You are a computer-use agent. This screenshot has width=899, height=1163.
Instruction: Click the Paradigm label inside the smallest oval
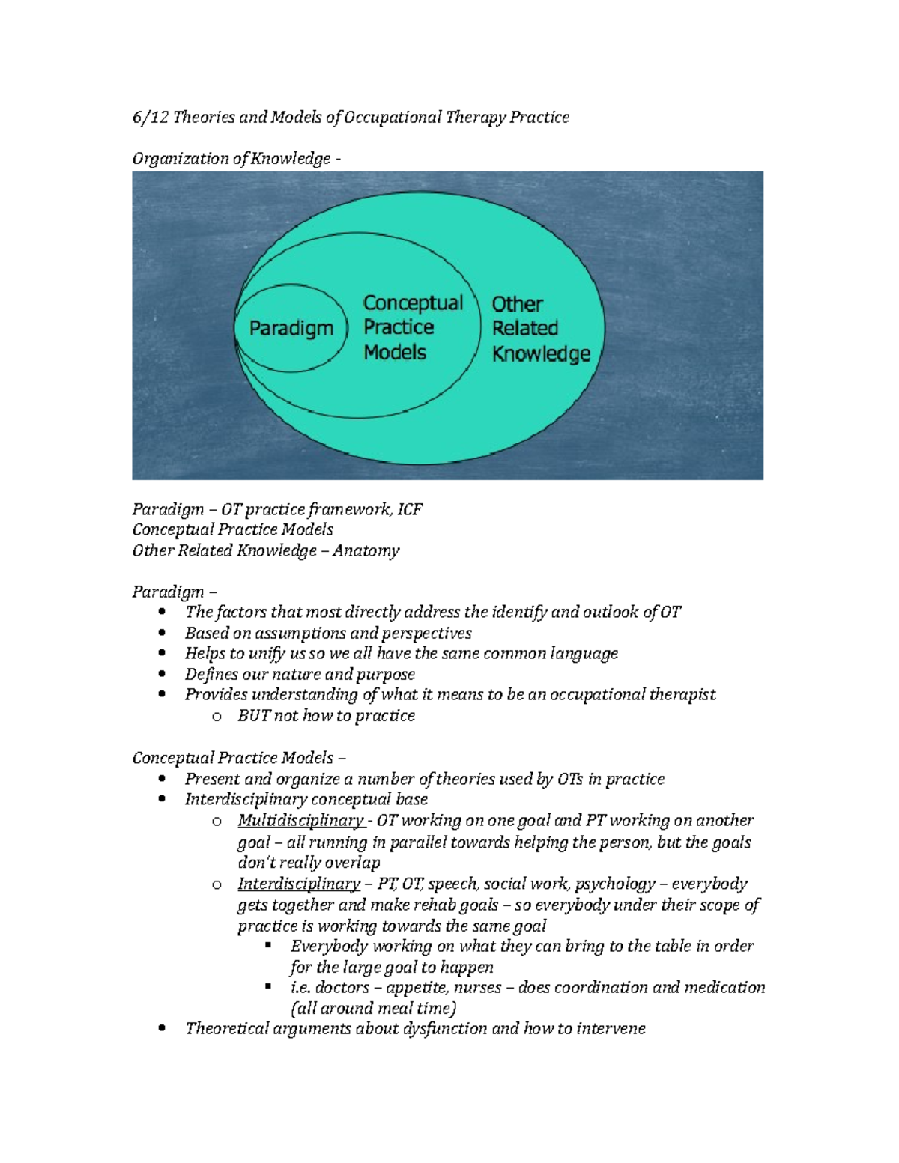291,328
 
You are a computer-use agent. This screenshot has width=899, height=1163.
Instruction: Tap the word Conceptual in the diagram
413,303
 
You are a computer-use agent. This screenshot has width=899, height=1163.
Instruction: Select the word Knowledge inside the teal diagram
541,353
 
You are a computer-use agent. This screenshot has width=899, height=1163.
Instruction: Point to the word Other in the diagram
517,304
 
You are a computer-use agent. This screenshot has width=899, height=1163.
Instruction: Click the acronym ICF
410,509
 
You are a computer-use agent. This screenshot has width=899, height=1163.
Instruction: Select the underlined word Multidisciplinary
300,820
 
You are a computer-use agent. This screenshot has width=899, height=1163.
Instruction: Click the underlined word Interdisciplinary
299,884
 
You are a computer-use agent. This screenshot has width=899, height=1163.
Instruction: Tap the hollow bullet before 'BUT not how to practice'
217,716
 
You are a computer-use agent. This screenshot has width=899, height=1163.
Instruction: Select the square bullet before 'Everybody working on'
268,945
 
